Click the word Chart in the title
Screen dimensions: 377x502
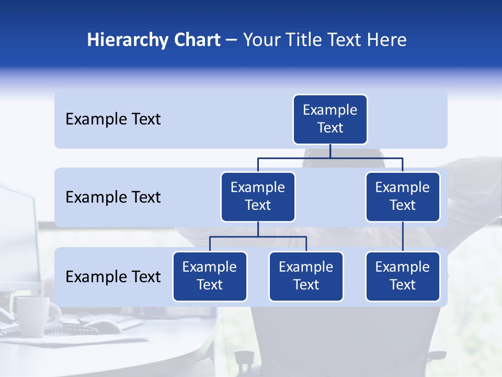click(195, 40)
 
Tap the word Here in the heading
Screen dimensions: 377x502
click(386, 40)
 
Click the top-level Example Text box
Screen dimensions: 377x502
click(330, 119)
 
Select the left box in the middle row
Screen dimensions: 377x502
click(258, 197)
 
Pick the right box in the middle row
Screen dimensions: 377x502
click(403, 197)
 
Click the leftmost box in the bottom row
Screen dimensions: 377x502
click(210, 276)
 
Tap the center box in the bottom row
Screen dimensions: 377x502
click(306, 276)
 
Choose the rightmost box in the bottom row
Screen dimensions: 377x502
click(403, 276)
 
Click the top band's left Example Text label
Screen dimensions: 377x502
click(113, 119)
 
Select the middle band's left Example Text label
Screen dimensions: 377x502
click(113, 197)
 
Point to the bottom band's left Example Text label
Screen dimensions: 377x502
click(113, 276)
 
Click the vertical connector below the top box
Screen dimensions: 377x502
click(330, 151)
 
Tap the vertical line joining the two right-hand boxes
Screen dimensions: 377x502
click(403, 237)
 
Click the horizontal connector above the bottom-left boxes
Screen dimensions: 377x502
click(258, 237)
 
